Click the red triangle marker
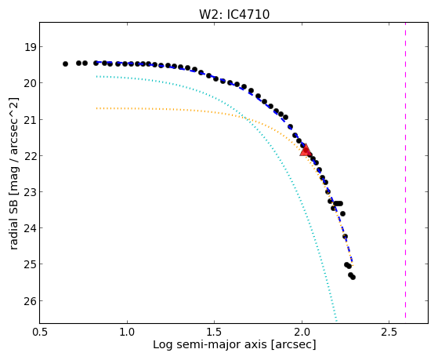[306, 151]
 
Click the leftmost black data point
[65, 64]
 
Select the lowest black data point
[353, 277]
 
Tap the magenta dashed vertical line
[405, 170]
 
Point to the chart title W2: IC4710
[234, 14]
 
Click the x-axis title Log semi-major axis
[209, 344]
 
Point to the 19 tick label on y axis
[31, 47]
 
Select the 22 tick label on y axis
[31, 155]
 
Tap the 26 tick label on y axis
[31, 300]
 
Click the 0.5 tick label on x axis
[40, 332]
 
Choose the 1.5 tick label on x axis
[214, 332]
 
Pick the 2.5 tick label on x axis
[389, 332]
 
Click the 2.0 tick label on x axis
[302, 332]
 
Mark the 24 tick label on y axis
[31, 228]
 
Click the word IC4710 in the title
[248, 14]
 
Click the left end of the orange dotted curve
[96, 108]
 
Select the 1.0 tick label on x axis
[127, 332]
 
